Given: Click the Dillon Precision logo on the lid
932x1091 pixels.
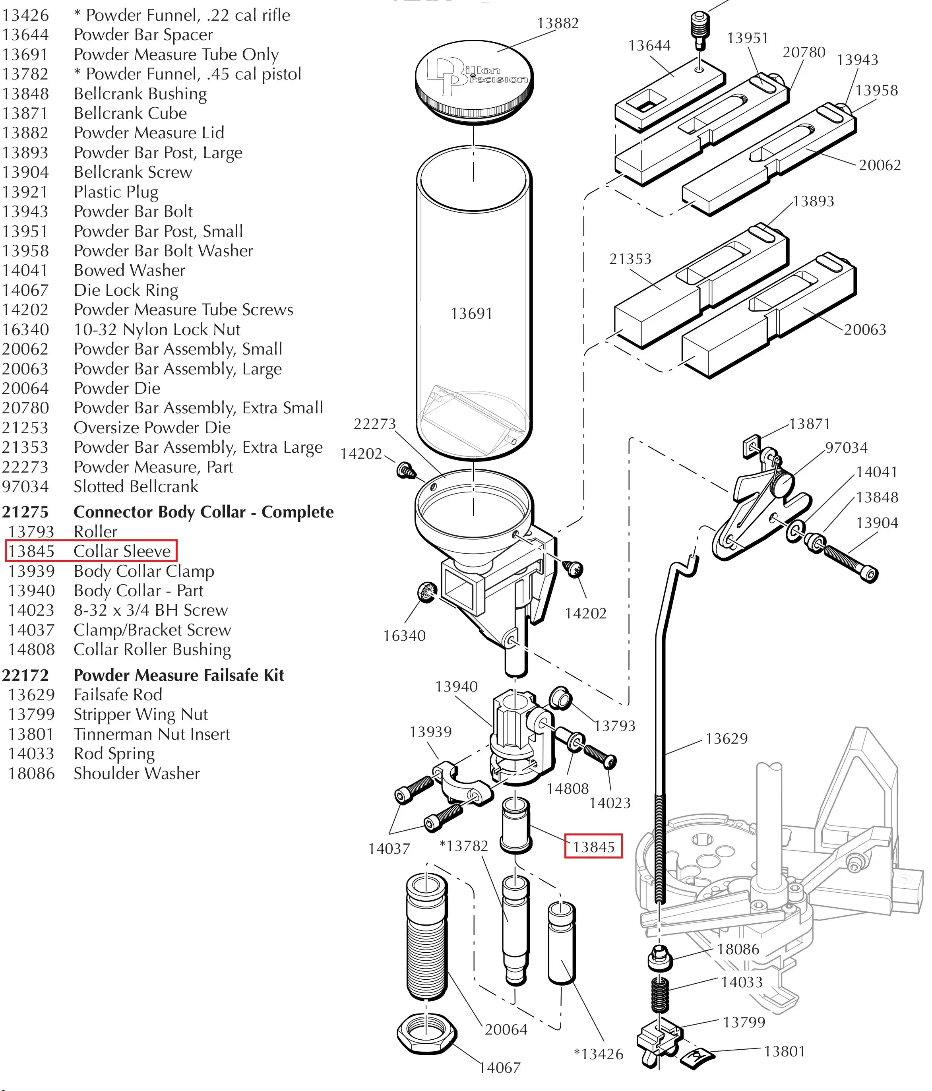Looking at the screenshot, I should click(474, 75).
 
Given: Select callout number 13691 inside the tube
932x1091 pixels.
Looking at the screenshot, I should click(471, 314).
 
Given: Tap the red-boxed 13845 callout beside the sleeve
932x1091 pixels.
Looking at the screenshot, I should click(593, 847).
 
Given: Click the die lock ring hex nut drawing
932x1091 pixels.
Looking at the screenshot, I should click(426, 1034).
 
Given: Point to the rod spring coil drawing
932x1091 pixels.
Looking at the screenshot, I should click(659, 995).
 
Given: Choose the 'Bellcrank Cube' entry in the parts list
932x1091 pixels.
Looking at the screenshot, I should click(130, 113).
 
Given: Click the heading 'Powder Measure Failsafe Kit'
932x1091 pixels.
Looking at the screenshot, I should click(178, 675).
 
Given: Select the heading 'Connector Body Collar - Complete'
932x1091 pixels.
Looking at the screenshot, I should click(203, 512).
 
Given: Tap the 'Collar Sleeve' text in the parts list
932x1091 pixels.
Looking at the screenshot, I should click(122, 551).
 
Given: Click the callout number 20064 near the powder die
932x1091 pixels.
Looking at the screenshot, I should click(506, 1029).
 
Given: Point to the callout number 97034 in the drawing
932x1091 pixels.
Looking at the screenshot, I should click(846, 448).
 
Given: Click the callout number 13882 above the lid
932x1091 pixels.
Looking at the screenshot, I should click(558, 23).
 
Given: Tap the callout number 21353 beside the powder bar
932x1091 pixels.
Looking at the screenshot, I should click(630, 259).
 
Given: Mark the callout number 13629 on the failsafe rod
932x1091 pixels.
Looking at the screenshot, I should click(726, 739).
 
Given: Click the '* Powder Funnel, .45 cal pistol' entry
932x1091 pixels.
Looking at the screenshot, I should click(188, 74).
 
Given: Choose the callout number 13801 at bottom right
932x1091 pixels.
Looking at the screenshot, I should click(784, 1052).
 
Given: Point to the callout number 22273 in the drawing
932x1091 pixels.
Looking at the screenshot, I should click(374, 424).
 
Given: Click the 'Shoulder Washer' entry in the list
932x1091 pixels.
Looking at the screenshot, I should click(136, 773).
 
